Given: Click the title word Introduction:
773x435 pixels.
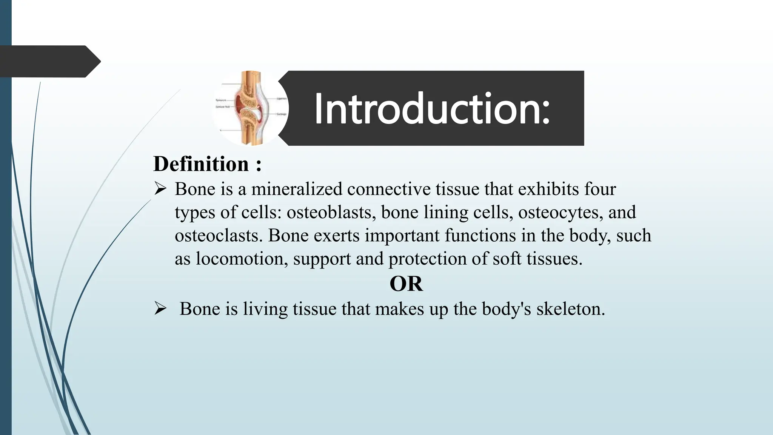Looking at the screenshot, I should point(432,109).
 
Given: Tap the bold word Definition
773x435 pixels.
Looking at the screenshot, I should point(201,164).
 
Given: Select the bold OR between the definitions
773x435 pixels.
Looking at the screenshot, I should point(406,284).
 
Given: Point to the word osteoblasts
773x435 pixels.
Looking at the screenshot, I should point(331,212).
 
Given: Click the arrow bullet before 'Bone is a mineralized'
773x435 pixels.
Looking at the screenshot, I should point(160,189).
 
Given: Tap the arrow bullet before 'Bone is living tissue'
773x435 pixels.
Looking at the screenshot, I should point(160,309).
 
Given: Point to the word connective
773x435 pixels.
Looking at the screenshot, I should point(389,189).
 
